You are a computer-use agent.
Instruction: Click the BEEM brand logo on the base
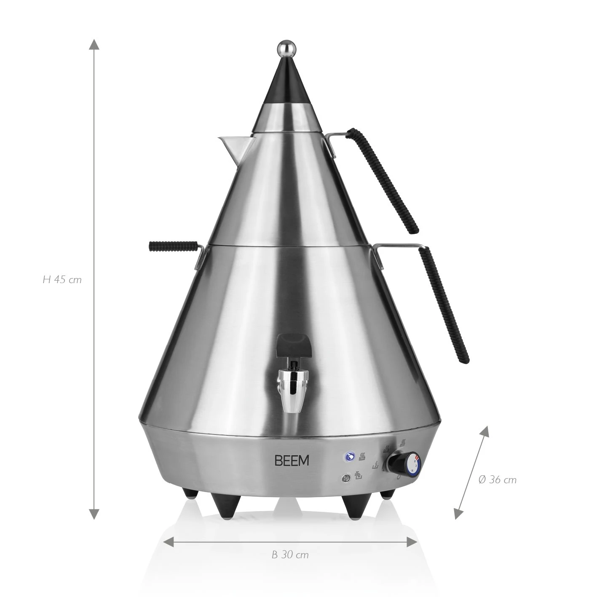click(292, 460)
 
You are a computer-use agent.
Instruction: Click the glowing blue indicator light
click(349, 456)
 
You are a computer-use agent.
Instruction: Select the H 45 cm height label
click(62, 279)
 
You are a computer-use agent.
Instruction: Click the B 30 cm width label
click(290, 555)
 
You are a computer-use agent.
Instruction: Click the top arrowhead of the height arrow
click(94, 44)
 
